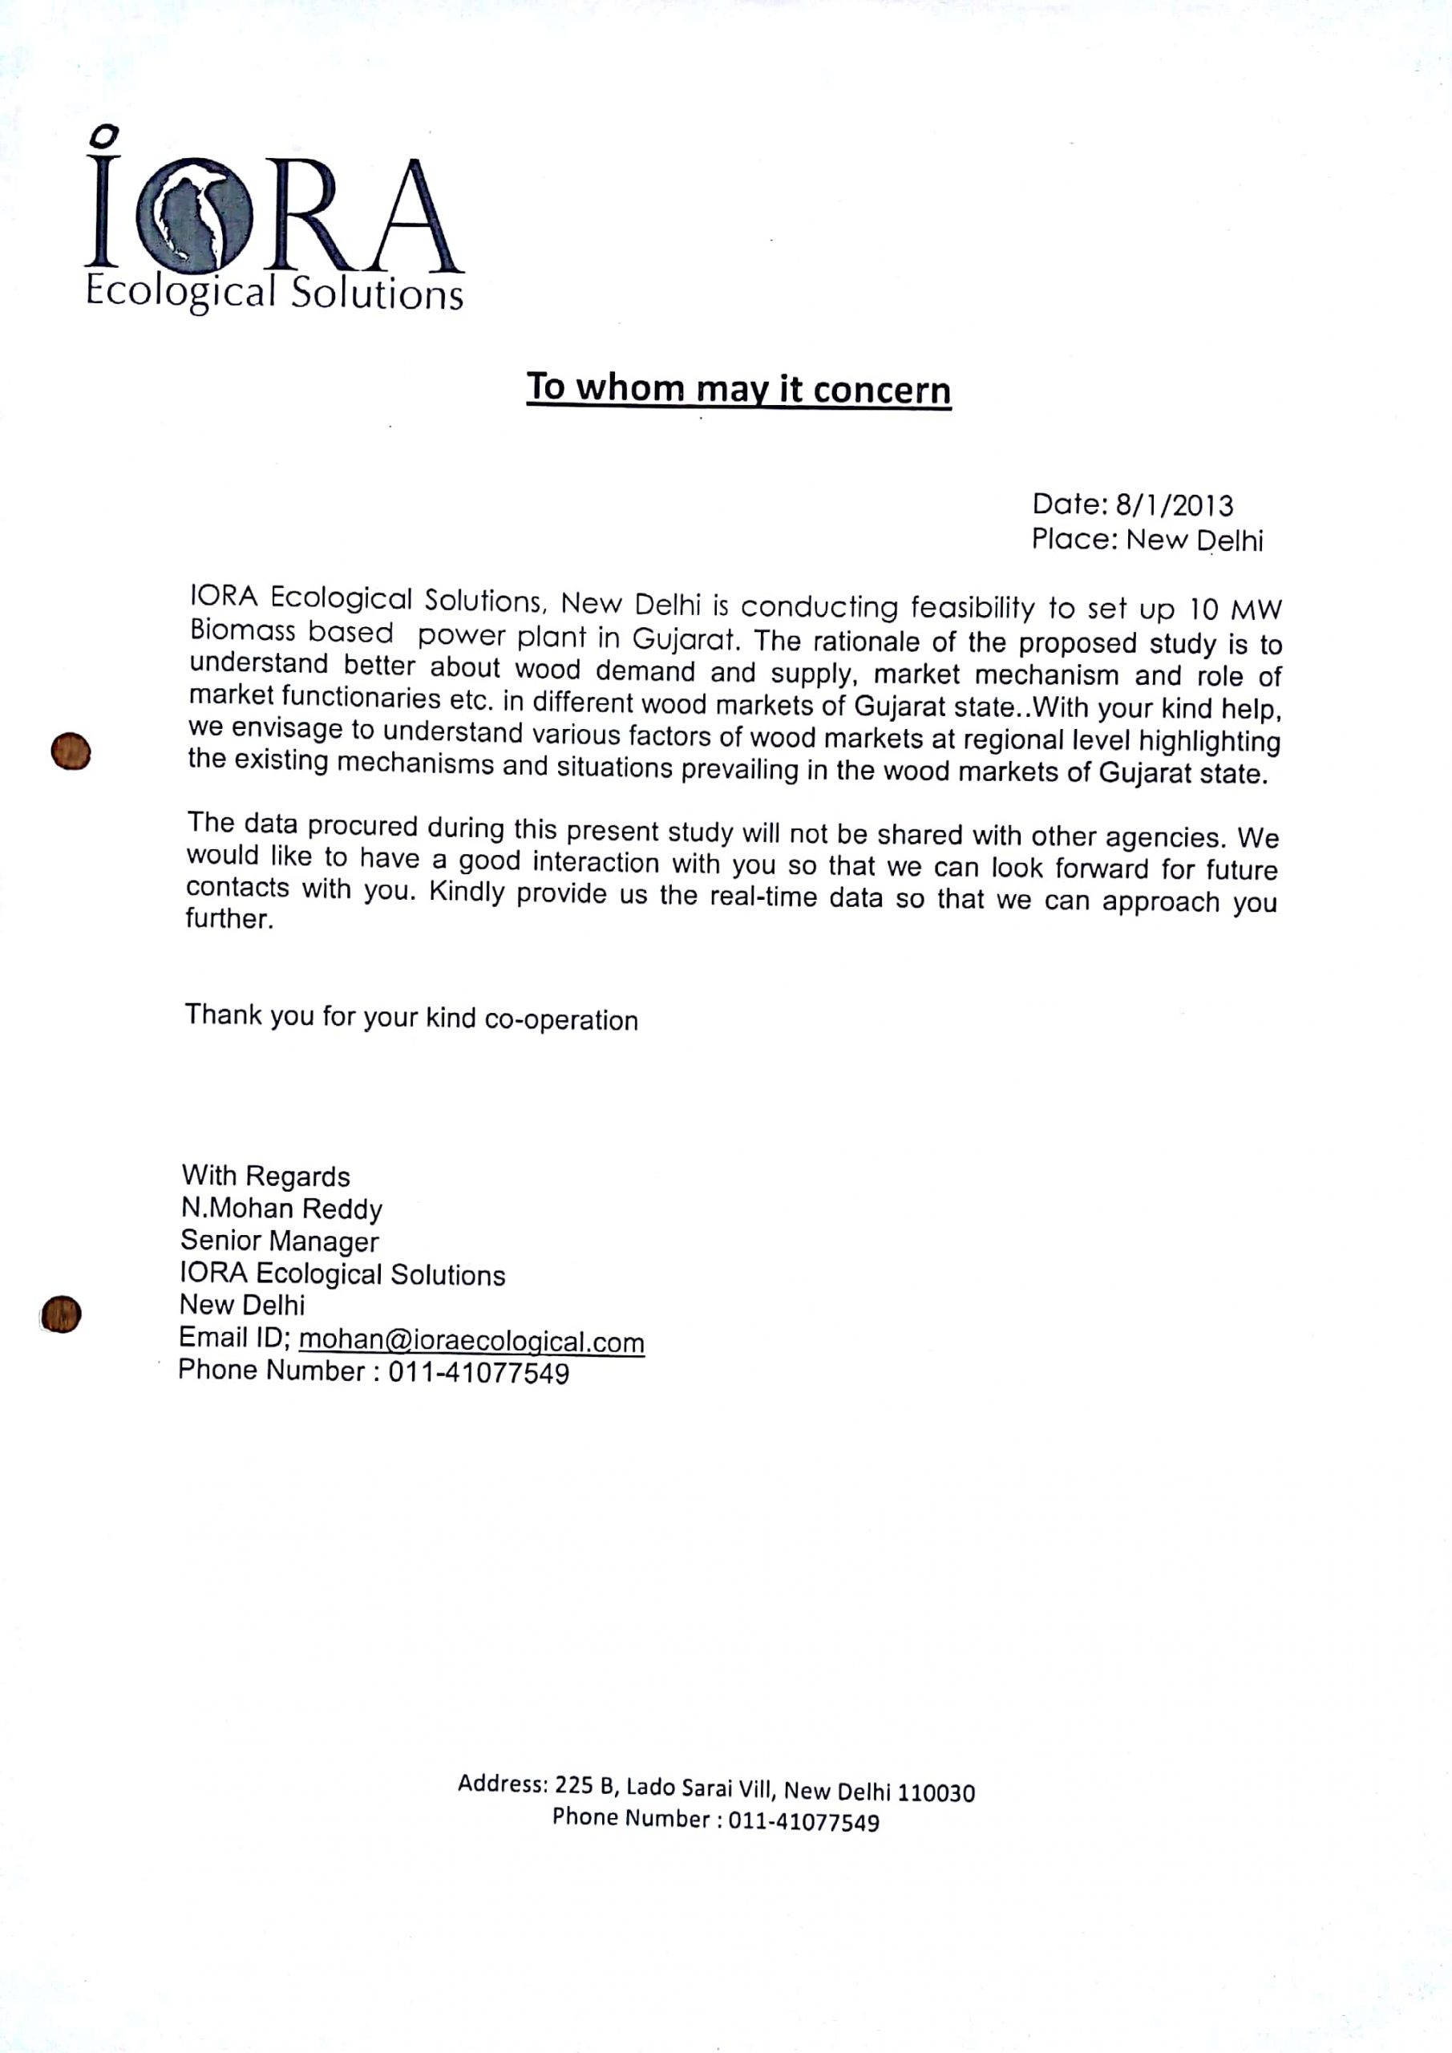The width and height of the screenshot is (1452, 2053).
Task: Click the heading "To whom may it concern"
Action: (738, 389)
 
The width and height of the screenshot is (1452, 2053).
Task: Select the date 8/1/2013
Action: (1174, 506)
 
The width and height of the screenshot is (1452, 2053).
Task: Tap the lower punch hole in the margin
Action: (61, 1314)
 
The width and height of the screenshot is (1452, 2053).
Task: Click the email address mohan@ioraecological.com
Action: (471, 1341)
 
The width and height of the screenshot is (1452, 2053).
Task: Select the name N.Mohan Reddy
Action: (281, 1209)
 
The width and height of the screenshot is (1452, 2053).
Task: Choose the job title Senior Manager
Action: (280, 1241)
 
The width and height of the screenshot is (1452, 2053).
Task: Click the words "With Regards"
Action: (265, 1176)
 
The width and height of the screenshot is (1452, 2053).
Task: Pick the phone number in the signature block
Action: (479, 1372)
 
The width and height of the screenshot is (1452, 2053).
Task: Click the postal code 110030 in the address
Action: (936, 1793)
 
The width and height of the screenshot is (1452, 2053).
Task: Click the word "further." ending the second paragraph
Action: (229, 919)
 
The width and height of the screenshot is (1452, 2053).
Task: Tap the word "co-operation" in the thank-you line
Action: (560, 1020)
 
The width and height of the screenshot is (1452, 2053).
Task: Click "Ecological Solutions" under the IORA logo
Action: (274, 293)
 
